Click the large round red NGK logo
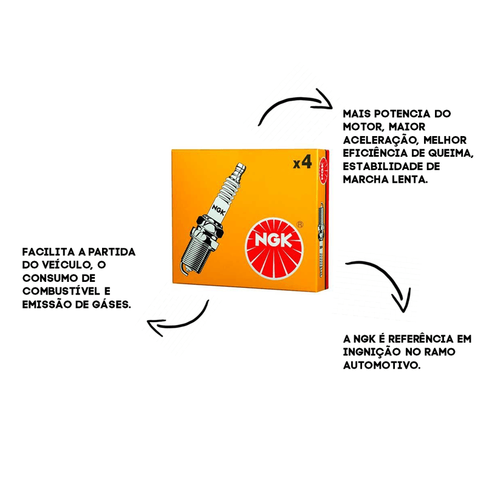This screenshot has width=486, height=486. [274, 248]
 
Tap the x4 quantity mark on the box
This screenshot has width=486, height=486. [302, 162]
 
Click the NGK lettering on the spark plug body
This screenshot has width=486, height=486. [219, 210]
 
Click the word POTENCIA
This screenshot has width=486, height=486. [402, 114]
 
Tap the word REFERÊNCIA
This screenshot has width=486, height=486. [421, 339]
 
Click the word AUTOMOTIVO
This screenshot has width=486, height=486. [382, 365]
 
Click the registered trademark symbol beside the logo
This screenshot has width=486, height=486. [299, 224]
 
